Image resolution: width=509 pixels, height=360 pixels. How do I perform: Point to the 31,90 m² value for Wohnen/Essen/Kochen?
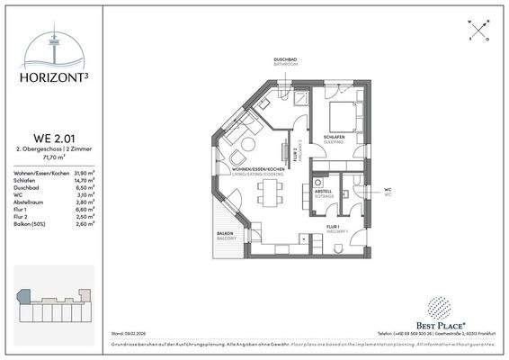[x=84, y=173]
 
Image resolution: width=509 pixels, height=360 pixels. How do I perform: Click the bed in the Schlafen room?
[x=340, y=117]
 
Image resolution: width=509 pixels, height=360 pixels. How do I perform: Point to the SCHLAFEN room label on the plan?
[x=336, y=137]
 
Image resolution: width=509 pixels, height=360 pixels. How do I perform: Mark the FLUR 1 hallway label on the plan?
[x=332, y=227]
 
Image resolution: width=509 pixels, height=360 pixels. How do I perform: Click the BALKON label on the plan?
[x=225, y=232]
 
